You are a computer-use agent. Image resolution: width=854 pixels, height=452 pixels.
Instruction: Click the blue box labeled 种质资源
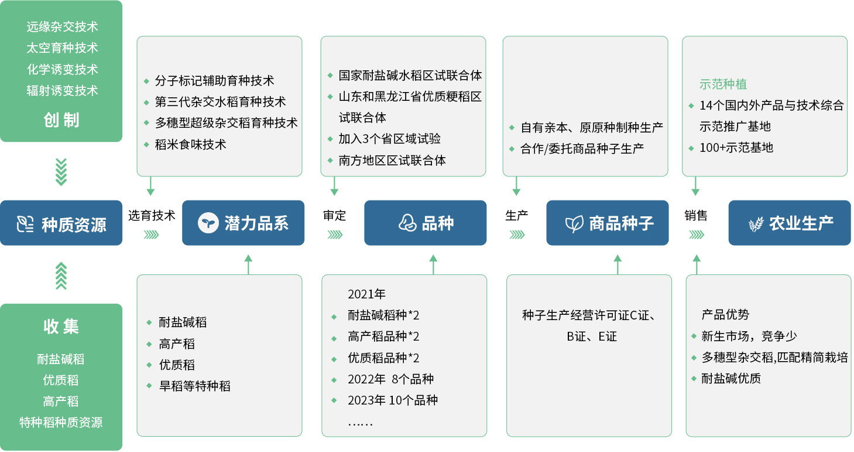coord(61,223)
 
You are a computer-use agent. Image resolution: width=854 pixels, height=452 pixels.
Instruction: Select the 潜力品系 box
coord(243,223)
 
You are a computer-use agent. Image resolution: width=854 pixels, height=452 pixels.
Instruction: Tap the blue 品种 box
coord(426,223)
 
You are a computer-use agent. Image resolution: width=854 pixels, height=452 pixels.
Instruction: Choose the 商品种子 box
coord(608,223)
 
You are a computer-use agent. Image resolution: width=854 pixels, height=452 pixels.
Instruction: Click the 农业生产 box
coord(790,223)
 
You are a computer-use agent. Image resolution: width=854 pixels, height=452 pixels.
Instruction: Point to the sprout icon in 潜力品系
coord(208,223)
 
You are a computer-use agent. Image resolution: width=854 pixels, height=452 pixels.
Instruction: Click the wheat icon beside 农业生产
coord(756,224)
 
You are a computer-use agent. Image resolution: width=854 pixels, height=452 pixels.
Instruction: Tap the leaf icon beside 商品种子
coord(574,224)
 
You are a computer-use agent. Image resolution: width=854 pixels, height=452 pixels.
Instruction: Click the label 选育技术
coord(152,216)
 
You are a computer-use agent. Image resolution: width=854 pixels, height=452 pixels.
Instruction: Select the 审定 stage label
coord(334,216)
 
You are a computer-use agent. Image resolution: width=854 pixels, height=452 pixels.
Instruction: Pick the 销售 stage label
coord(696,216)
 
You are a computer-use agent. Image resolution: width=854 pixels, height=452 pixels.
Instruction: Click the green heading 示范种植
coord(723,84)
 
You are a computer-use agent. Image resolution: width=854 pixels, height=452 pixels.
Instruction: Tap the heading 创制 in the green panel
coord(61,120)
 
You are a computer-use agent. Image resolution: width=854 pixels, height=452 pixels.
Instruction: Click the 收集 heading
coord(61,327)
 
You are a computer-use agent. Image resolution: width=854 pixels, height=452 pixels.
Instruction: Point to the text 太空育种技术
coord(62,48)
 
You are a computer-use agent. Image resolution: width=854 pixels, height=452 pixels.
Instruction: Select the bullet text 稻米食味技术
coord(190,145)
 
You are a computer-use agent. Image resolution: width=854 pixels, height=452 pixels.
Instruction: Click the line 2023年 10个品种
coord(393,400)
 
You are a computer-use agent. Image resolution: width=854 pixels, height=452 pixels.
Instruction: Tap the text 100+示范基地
coord(736,148)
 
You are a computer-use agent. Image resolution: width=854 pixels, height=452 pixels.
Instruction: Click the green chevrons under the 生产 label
coord(517,235)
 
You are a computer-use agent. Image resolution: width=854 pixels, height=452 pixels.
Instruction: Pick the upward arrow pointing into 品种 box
coord(433,264)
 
